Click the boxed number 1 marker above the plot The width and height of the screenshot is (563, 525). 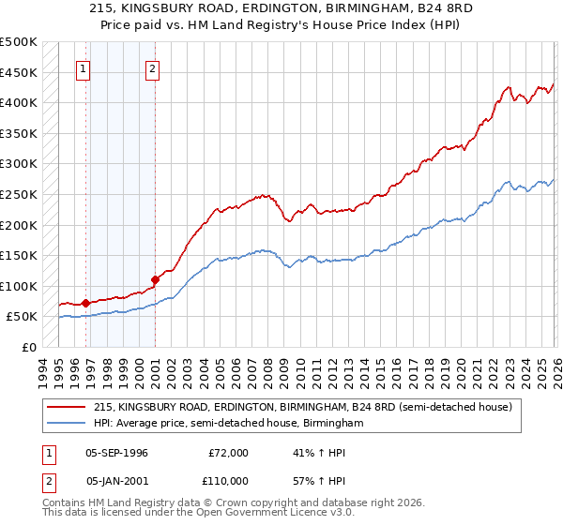pyautogui.click(x=84, y=67)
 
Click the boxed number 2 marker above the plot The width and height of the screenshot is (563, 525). pyautogui.click(x=152, y=67)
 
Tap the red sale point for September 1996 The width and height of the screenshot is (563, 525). pyautogui.click(x=86, y=303)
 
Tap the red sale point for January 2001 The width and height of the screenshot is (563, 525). pyautogui.click(x=156, y=279)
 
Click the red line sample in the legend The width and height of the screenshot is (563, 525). pyautogui.click(x=68, y=407)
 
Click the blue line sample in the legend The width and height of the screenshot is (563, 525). pyautogui.click(x=68, y=424)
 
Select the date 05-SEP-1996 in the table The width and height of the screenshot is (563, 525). pyautogui.click(x=116, y=452)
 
